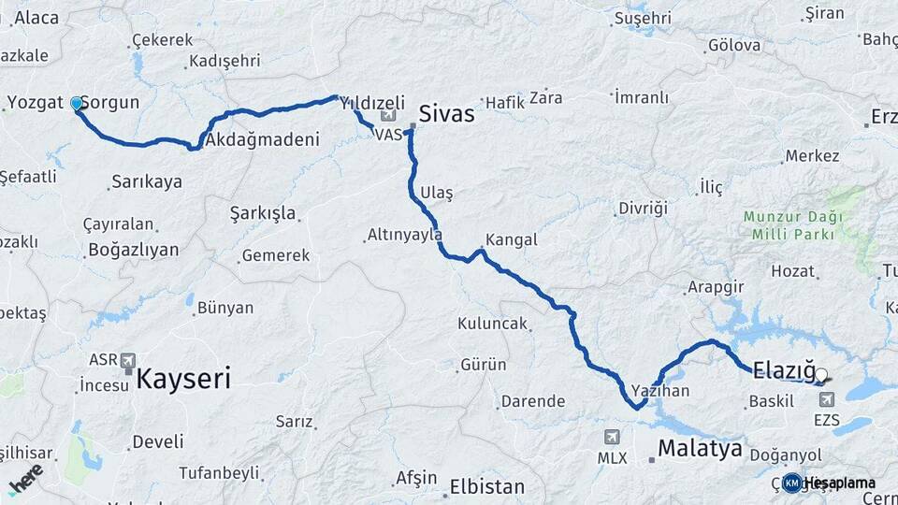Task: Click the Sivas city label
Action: (x=446, y=114)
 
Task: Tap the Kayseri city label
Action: (x=183, y=379)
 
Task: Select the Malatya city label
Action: (x=700, y=448)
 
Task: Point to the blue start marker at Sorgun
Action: (x=77, y=103)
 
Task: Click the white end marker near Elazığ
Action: (x=821, y=376)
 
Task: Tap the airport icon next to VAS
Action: (x=388, y=116)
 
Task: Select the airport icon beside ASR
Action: (x=127, y=360)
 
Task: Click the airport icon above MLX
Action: (x=612, y=436)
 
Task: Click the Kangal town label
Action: (x=512, y=239)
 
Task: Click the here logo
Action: (x=26, y=478)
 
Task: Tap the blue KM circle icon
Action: (x=792, y=483)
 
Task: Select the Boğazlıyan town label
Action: (x=132, y=250)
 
